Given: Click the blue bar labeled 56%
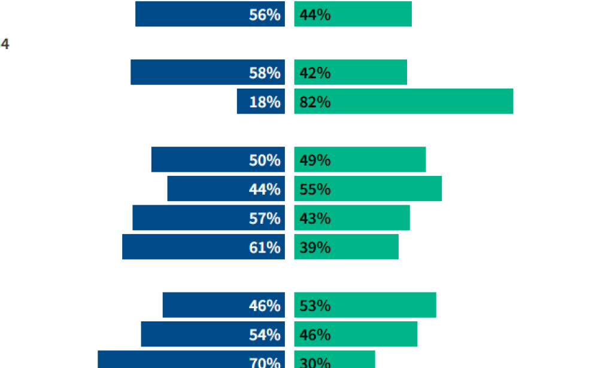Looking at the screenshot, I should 210,14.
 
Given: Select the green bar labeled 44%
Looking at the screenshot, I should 353,14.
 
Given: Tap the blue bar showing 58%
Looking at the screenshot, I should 207,72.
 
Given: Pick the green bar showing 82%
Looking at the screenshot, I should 403,102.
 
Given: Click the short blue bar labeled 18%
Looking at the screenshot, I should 260,102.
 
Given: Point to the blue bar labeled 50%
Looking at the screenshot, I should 218,160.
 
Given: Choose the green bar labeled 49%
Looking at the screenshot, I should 360,160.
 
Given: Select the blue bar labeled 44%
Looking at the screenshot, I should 226,189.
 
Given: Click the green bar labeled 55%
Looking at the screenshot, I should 368,189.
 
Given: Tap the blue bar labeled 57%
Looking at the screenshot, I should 208,218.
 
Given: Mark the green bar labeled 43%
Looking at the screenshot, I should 352,218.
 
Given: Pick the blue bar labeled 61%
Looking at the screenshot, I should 204,247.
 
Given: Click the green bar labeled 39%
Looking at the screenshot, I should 346,247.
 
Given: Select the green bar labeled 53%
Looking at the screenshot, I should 365,305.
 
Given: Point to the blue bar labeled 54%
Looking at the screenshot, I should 213,334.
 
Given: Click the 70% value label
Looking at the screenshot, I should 265,363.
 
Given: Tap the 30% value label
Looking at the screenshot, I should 315,363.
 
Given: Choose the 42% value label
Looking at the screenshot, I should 315,73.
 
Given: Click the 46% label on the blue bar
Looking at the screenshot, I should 265,306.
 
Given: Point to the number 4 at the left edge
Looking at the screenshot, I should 5,44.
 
